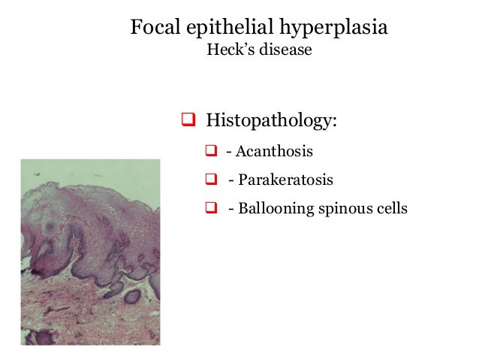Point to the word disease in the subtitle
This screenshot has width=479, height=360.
pyautogui.click(x=285, y=53)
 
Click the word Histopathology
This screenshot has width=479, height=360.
pyautogui.click(x=271, y=119)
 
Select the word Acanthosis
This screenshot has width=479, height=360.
pyautogui.click(x=275, y=152)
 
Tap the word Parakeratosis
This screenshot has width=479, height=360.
pyautogui.click(x=285, y=180)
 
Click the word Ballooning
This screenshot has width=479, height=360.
pyautogui.click(x=275, y=207)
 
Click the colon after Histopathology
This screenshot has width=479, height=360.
pyautogui.click(x=334, y=121)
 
